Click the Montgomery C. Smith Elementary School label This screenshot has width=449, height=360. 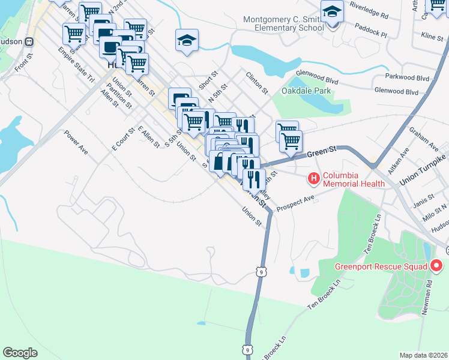coord(283,23)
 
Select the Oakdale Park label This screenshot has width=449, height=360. coord(306,91)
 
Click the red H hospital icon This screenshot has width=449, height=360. coord(313,178)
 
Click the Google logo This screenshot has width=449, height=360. coord(20,353)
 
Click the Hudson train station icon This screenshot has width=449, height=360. coord(29,42)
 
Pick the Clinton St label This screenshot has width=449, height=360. coord(257,82)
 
